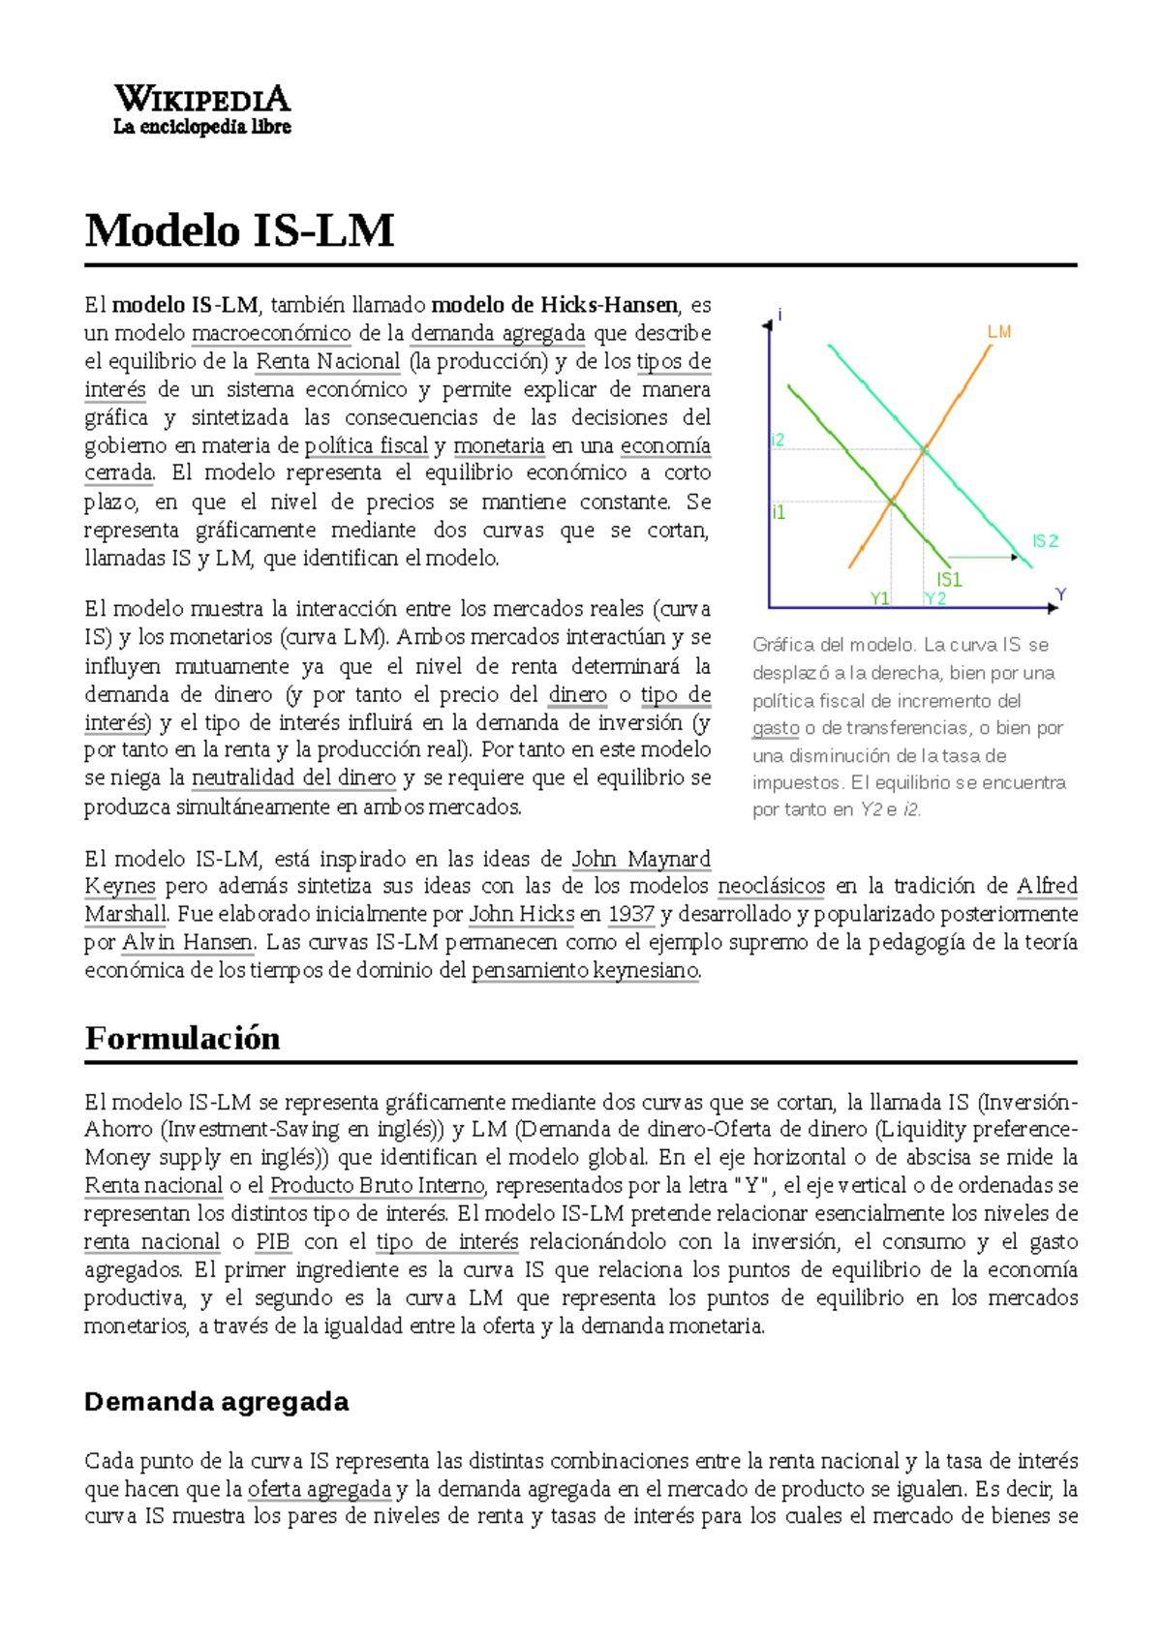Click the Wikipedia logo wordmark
click(201, 99)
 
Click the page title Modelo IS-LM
click(239, 231)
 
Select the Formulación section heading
click(182, 1038)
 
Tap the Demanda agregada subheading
click(216, 1401)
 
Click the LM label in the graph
click(998, 332)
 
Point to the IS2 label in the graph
click(1045, 541)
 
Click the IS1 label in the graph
click(949, 579)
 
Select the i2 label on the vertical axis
click(778, 441)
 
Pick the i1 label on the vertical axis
click(778, 513)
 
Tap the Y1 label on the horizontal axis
click(879, 598)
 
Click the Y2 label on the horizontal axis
click(934, 598)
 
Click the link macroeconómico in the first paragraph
click(271, 333)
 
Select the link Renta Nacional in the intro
click(327, 361)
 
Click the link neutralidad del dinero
click(293, 777)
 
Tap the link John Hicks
click(521, 914)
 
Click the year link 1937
click(630, 914)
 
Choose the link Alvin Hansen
click(188, 942)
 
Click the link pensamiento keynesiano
click(585, 970)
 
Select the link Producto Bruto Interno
click(377, 1185)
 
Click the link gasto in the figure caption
click(776, 728)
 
